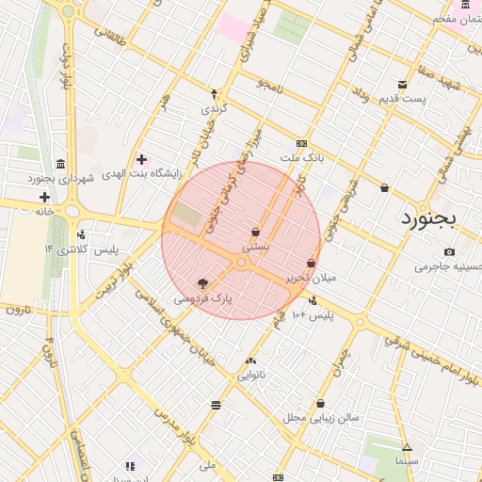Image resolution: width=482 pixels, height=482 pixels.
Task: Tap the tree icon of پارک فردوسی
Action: pyautogui.click(x=201, y=283)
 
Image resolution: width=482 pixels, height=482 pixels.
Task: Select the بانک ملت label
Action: pyautogui.click(x=308, y=158)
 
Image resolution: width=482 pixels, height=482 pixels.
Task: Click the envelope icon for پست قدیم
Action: pyautogui.click(x=403, y=85)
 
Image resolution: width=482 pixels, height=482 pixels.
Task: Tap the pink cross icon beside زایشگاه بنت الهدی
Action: pyautogui.click(x=141, y=159)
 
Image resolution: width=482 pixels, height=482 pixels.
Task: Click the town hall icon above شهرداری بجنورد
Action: pyautogui.click(x=61, y=163)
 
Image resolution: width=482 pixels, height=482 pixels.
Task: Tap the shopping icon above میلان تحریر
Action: pyautogui.click(x=311, y=263)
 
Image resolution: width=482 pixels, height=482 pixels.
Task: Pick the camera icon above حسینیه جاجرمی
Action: pyautogui.click(x=449, y=251)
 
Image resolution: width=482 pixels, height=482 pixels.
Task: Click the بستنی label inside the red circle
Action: pyautogui.click(x=256, y=246)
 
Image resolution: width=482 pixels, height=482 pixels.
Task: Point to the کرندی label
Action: pyautogui.click(x=214, y=109)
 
